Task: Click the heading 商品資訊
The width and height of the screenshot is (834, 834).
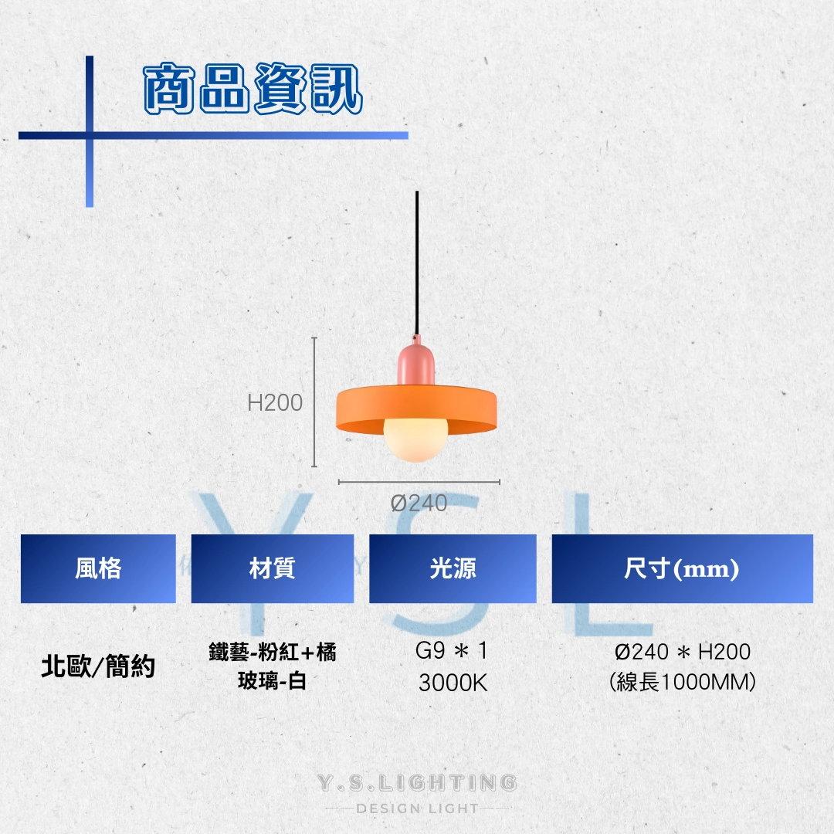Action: point(253,90)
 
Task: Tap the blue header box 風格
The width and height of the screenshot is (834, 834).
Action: point(98,569)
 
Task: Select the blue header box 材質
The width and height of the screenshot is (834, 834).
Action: point(272,569)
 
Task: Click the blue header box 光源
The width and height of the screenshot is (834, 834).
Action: point(453,569)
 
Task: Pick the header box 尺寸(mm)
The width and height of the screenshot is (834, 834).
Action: point(681,569)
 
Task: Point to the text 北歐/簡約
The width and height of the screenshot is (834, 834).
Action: point(98,666)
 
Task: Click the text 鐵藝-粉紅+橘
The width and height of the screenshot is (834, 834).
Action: point(272,653)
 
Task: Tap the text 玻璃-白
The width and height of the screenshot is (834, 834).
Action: point(272,681)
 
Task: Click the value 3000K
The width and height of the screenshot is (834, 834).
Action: point(453,683)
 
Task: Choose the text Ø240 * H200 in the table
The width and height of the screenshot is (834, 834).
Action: point(682,652)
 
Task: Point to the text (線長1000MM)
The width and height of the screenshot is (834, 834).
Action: point(682,683)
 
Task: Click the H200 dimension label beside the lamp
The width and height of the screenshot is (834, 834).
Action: point(275,402)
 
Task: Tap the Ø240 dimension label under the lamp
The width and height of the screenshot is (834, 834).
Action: point(419,503)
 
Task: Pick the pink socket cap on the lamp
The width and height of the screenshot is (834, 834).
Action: point(417,363)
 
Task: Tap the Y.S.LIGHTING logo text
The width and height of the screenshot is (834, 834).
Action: point(418,783)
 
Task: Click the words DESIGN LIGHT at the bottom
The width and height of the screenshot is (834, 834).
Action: point(418,809)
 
